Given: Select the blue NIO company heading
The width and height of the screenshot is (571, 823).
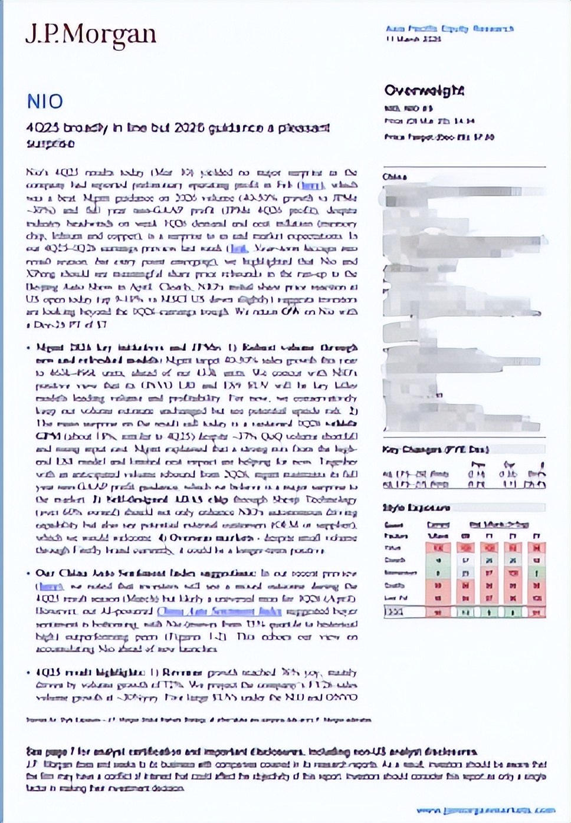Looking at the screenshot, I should coord(45,101).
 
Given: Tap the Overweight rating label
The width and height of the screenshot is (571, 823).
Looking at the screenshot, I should coord(424,90).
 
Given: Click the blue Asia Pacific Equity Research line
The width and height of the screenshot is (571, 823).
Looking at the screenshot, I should coord(449,28).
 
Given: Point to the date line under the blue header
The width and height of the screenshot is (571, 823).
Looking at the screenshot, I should coord(414,39).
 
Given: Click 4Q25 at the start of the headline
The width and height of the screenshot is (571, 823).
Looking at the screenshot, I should coord(38,128).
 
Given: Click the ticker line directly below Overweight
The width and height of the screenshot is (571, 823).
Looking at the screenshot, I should coord(408,108).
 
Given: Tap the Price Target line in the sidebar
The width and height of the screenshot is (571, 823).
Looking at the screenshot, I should coord(439,137).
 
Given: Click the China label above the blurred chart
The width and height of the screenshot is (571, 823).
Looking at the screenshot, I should coord(395,177).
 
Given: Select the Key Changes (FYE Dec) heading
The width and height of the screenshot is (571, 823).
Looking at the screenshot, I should coord(435,449).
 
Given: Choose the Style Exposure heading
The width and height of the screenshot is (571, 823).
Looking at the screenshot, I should coord(416,508).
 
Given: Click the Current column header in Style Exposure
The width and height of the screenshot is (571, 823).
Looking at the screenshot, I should coord(437,524).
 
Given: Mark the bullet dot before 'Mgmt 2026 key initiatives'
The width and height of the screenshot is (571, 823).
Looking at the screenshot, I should coord(29,348).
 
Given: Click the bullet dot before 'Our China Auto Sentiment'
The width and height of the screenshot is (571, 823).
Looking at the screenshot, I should coord(29,573).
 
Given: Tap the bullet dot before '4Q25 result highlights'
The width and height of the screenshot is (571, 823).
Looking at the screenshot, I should coord(29,673).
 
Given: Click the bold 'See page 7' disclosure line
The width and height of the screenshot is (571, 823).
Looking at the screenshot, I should coord(251,752).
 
